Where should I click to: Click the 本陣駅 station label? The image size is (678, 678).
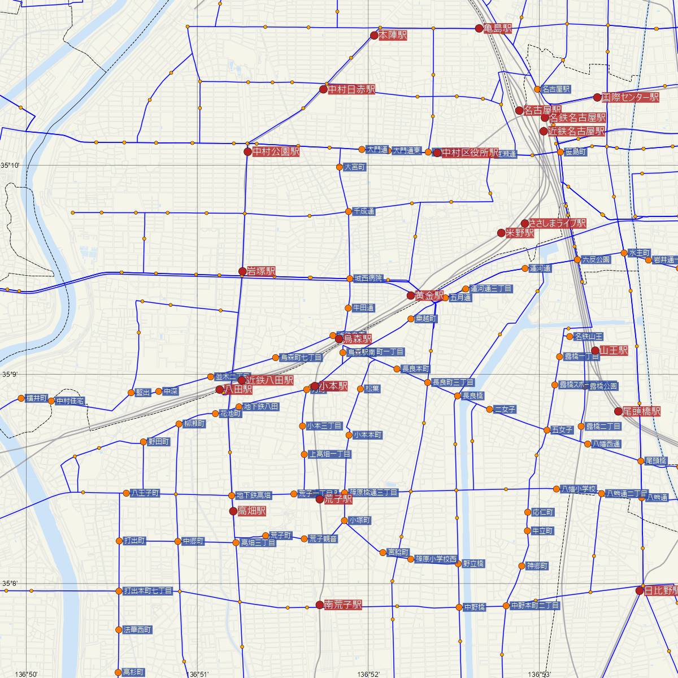[x=393, y=35]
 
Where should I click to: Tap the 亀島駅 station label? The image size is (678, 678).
[x=498, y=28]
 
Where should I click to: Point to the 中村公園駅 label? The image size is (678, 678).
[x=276, y=151]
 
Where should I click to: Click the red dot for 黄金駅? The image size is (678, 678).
[x=411, y=295]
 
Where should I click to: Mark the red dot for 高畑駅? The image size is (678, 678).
[x=233, y=511]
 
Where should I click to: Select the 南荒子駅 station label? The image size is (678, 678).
[x=342, y=605]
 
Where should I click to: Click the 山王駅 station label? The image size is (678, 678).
[x=614, y=350]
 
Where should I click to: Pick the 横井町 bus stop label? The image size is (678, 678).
[x=37, y=398]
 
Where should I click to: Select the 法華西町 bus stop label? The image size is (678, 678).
[x=137, y=629]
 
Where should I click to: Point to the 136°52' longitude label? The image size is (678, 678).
[x=368, y=673]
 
